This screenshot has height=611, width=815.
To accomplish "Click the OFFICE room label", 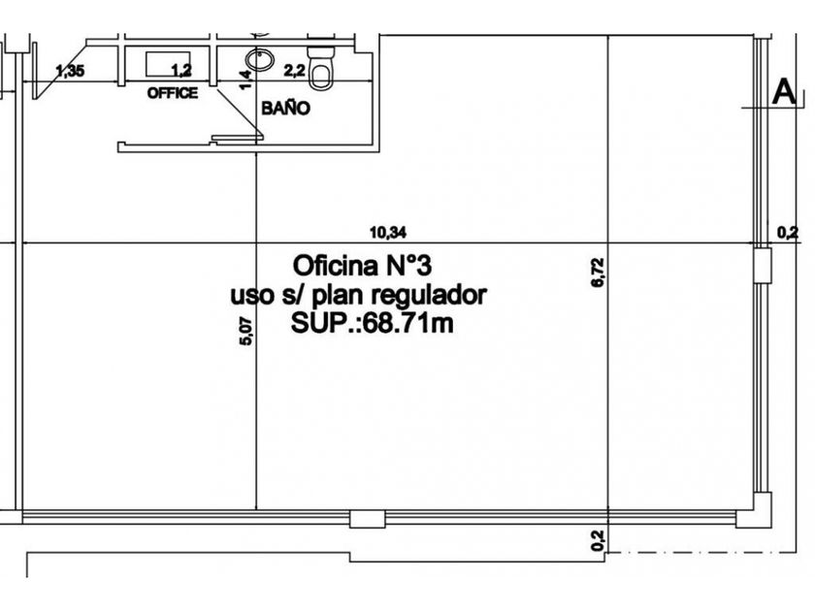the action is (x=172, y=93).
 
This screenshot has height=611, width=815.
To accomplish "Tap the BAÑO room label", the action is (x=286, y=109).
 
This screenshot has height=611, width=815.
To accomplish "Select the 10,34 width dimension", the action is (x=387, y=232).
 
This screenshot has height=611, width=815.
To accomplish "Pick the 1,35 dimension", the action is (x=71, y=70).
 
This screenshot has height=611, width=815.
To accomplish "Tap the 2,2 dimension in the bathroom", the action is (x=295, y=70).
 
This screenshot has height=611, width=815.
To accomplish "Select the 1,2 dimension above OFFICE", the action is (x=180, y=70).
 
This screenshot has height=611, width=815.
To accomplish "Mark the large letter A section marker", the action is (x=784, y=93).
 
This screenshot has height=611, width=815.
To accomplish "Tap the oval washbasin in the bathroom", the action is (x=259, y=60).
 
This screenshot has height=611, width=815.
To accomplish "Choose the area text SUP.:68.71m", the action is (x=372, y=324).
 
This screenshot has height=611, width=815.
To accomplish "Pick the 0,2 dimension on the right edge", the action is (x=788, y=231).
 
